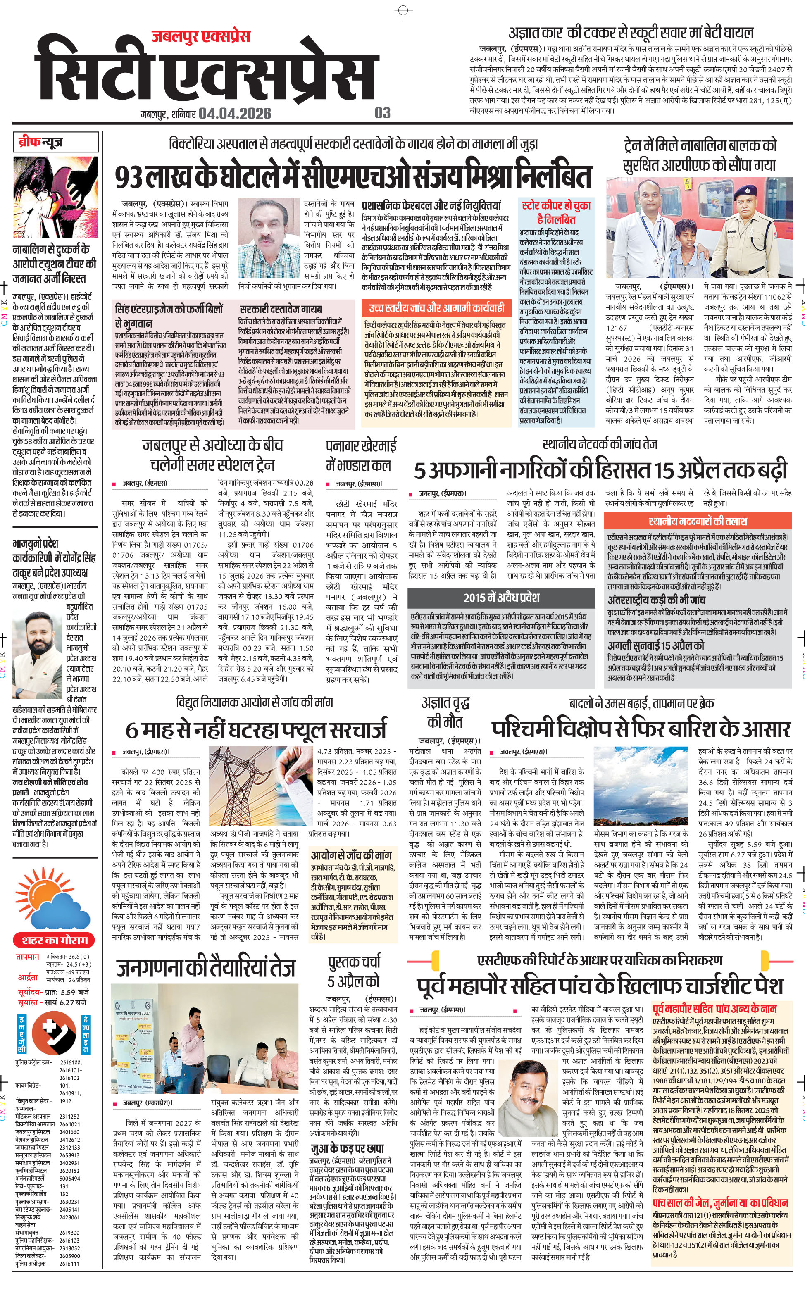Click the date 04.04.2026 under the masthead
[235, 113]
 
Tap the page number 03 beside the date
[382, 113]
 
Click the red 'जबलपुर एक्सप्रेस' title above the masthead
[201, 36]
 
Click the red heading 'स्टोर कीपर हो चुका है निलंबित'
[556, 212]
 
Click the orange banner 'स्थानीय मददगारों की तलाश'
[698, 521]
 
